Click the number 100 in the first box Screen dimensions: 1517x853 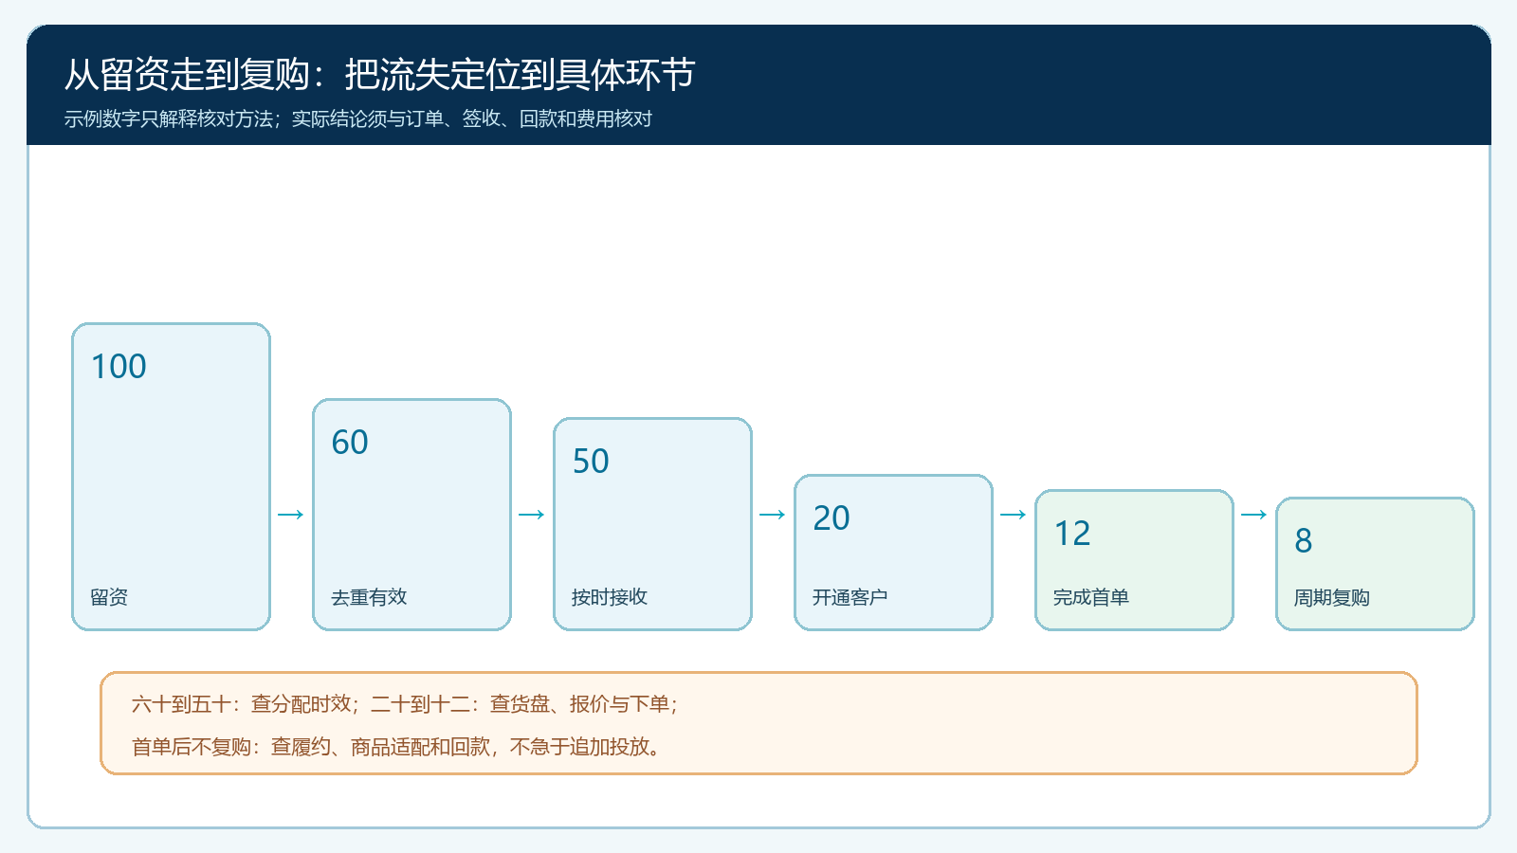(x=119, y=366)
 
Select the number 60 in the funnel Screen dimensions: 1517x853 (x=350, y=442)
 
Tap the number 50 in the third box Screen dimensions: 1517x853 (x=591, y=461)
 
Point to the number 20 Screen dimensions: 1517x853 (x=831, y=517)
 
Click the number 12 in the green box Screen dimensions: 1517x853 (x=1072, y=533)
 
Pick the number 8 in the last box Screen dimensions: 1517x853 (x=1304, y=540)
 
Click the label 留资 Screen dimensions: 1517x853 (x=109, y=597)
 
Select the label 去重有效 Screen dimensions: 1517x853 (x=369, y=597)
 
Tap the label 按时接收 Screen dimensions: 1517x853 (x=610, y=597)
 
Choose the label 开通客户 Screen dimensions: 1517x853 (x=850, y=597)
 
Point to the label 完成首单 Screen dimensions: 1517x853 (x=1091, y=597)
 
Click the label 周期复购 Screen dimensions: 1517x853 (x=1331, y=597)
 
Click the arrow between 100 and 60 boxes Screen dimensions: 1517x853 (x=290, y=515)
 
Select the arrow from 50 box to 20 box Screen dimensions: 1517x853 (x=772, y=515)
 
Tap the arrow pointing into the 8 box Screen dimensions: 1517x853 (x=1253, y=515)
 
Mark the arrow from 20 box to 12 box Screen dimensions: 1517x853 (x=1014, y=515)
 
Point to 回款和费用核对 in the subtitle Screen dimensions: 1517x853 (x=585, y=119)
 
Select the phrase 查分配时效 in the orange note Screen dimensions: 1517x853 (x=301, y=704)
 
